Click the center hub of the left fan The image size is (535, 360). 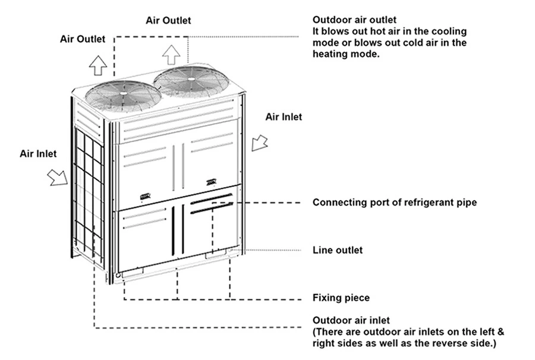point(123,93)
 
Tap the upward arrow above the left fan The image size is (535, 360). point(98,64)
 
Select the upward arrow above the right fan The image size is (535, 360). point(171,55)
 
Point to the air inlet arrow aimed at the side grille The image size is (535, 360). point(59,176)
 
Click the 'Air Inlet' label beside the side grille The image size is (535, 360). point(38,154)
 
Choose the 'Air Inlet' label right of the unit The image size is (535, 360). point(284,117)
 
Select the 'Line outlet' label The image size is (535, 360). point(337,250)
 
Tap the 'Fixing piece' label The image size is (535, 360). point(341,298)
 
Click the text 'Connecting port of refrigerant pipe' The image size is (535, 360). point(394,203)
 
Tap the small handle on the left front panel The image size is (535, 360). point(145,197)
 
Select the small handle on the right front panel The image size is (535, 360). point(211,182)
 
